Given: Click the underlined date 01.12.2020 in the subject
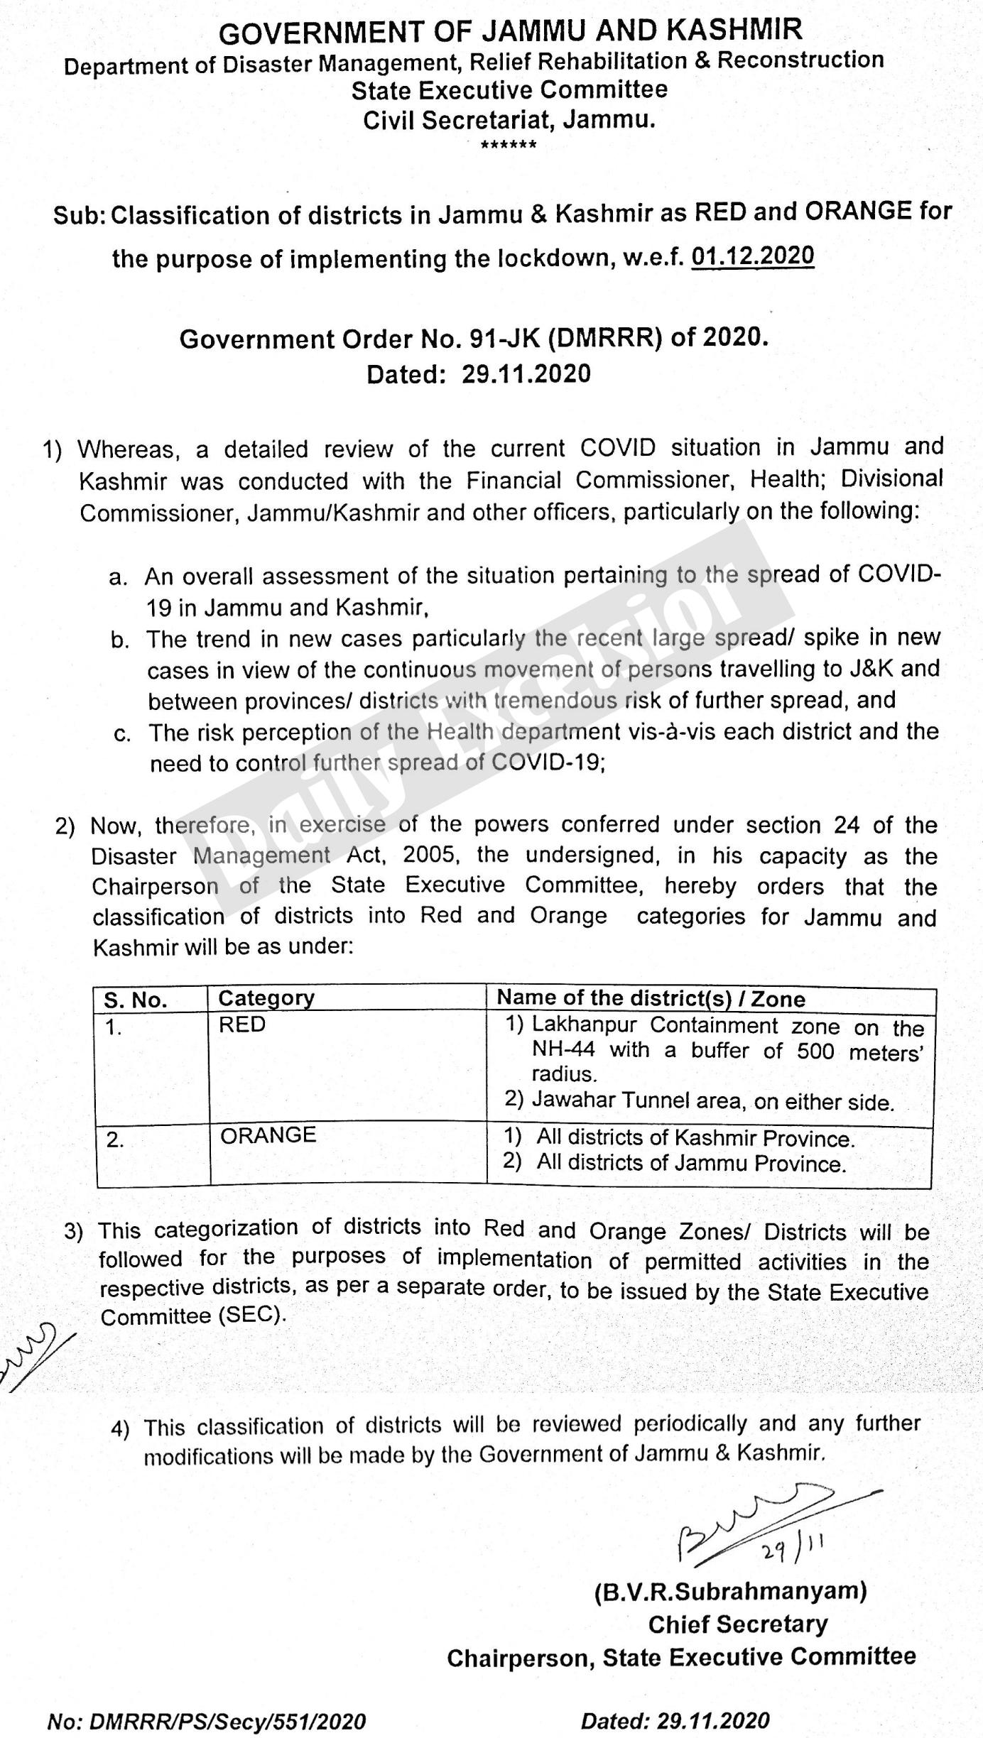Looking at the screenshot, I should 752,255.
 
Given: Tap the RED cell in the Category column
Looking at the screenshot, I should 242,1024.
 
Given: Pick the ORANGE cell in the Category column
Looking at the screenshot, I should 268,1135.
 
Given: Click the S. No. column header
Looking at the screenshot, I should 136,1000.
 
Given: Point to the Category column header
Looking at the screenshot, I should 266,998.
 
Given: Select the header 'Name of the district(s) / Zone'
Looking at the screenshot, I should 651,998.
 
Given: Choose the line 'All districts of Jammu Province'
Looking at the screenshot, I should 690,1164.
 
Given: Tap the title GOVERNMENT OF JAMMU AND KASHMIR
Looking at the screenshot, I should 510,31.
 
